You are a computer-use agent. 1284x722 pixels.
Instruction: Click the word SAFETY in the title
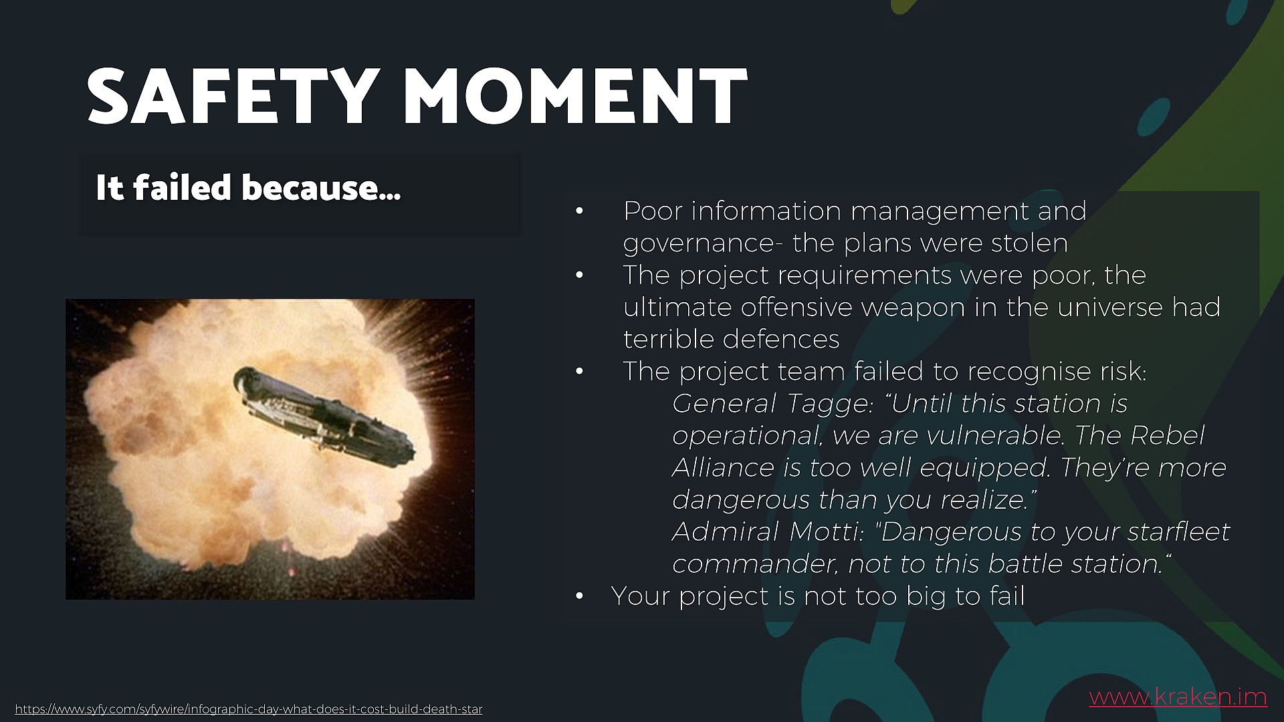point(233,96)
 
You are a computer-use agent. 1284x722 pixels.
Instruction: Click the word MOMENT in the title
point(575,96)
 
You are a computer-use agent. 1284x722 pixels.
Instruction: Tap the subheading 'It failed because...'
point(248,187)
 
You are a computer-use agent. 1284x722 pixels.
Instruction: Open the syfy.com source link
point(249,709)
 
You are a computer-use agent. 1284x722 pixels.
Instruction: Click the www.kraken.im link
point(1178,697)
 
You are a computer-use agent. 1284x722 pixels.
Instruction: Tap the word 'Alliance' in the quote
point(723,468)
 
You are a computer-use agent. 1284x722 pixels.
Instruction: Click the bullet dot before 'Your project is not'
point(579,596)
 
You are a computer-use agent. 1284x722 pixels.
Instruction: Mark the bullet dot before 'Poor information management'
point(579,211)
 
